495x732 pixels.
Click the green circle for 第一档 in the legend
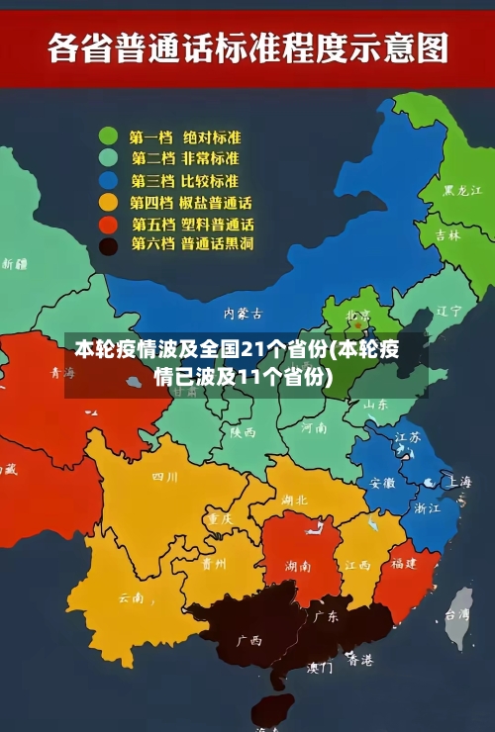(109, 137)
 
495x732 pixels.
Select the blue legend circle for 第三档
(109, 180)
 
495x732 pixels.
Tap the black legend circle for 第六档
(109, 244)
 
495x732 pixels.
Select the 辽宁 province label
(449, 310)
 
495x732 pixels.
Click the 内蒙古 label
(243, 313)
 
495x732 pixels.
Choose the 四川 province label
(164, 477)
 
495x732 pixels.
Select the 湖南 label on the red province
(298, 566)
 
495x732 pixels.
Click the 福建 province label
(403, 563)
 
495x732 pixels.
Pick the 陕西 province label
(243, 432)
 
